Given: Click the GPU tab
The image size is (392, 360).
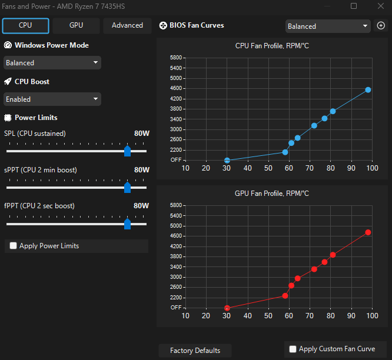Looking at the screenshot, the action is click(76, 25).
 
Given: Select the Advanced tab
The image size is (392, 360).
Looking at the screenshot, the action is click(127, 25).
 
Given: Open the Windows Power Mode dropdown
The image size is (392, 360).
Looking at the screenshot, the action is click(52, 63).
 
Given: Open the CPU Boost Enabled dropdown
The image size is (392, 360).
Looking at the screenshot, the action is click(52, 99).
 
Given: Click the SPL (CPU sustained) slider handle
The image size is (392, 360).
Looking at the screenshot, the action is click(128, 151).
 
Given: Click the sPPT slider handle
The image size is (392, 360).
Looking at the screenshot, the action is click(128, 188).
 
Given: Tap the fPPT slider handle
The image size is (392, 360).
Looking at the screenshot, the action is click(128, 224).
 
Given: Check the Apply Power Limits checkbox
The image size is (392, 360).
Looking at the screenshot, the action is click(14, 246).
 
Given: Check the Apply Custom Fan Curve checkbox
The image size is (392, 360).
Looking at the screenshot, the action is click(293, 349).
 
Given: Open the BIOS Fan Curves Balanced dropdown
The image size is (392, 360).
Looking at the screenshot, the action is click(328, 26).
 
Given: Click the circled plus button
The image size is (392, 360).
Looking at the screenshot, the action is click(381, 25).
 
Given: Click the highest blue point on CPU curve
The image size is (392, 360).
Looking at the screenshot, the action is click(368, 90).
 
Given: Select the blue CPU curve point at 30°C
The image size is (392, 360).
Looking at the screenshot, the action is click(227, 160).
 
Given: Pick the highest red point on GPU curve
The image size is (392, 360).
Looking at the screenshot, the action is click(368, 232).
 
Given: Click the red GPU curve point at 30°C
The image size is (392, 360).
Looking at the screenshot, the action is click(227, 308).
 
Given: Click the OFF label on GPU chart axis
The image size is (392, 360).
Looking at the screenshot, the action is click(176, 308).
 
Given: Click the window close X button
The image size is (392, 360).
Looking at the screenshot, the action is click(381, 6).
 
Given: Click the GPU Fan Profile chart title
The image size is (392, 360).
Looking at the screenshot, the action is click(272, 194).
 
